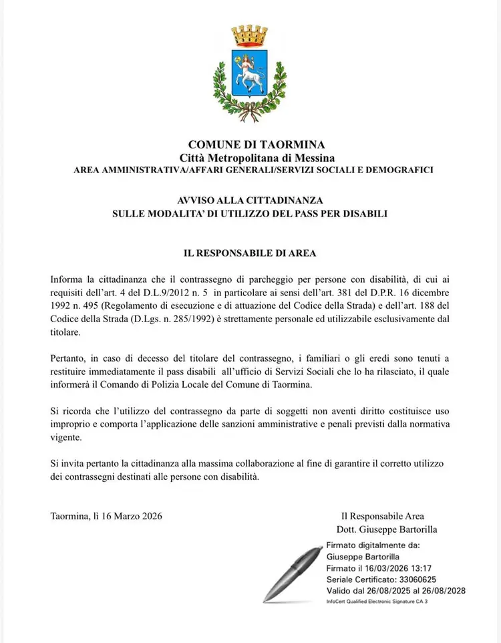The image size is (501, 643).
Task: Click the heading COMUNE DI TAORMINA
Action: tap(247, 145)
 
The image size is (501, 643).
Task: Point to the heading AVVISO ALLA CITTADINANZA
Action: tap(250, 201)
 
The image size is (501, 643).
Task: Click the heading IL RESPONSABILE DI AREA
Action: tap(250, 253)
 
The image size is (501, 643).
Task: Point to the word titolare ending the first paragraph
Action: tap(65, 331)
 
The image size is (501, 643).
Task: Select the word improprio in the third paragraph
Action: tap(70, 424)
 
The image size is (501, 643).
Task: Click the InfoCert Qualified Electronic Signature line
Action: tap(377, 602)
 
